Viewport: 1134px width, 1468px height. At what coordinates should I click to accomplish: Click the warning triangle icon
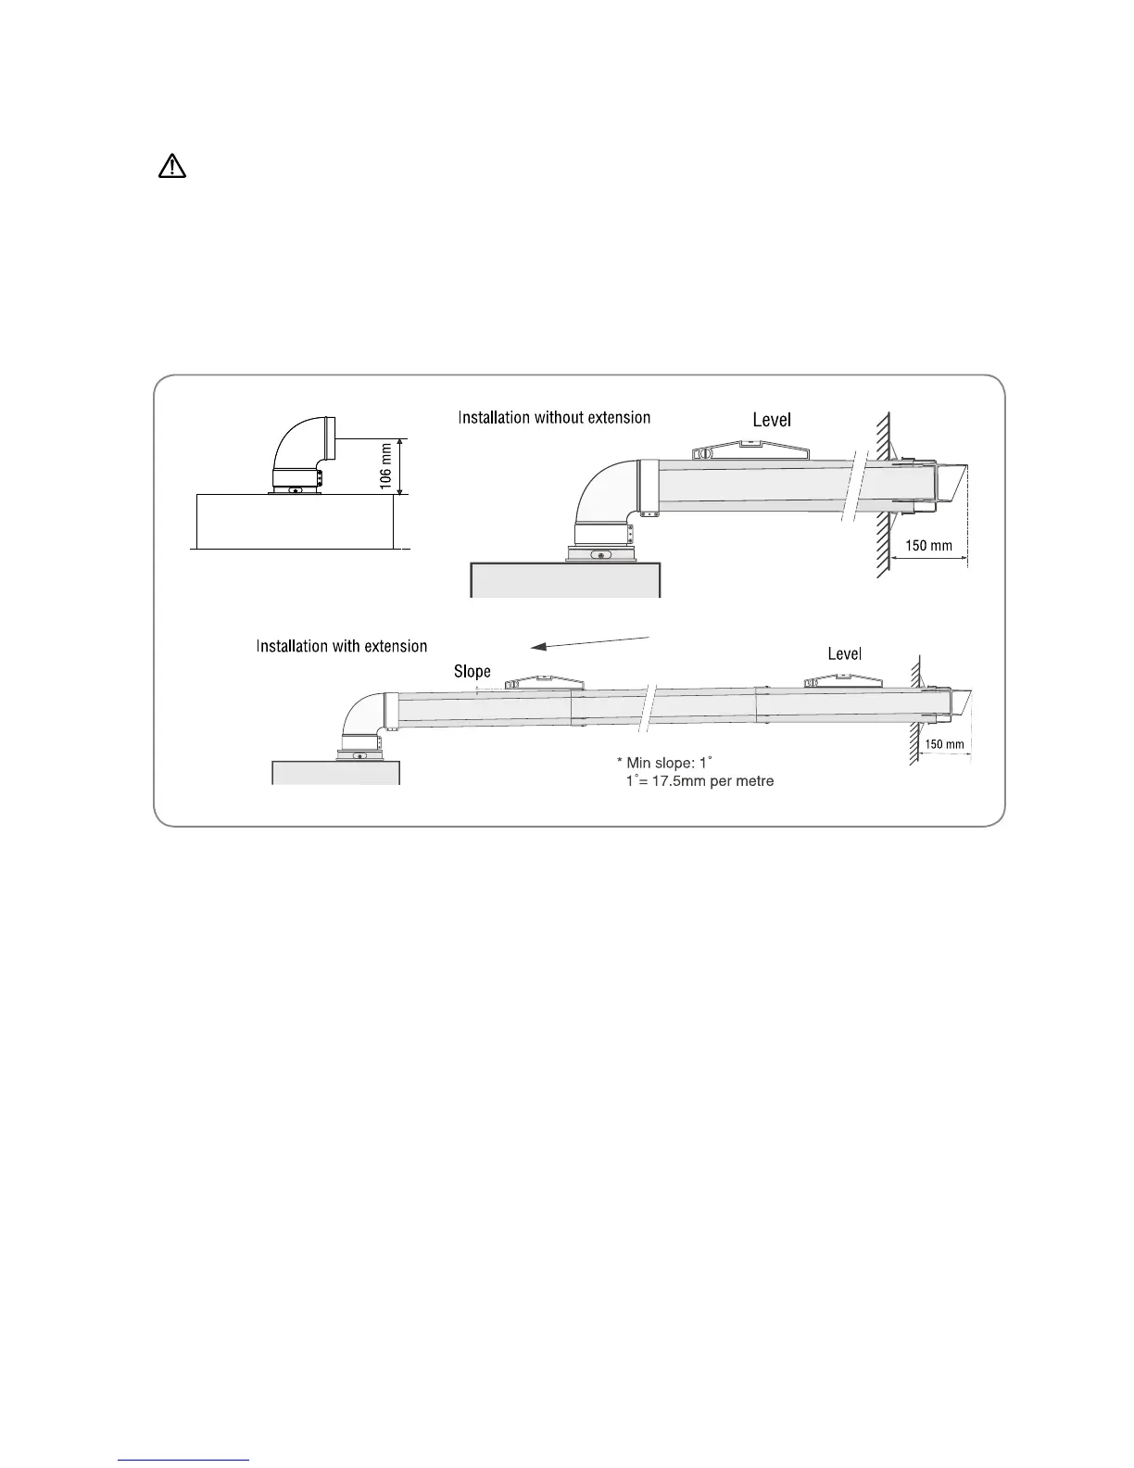pyautogui.click(x=172, y=167)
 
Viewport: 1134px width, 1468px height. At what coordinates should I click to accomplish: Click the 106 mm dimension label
pyautogui.click(x=386, y=466)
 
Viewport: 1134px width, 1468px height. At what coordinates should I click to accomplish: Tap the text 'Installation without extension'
pyautogui.click(x=554, y=418)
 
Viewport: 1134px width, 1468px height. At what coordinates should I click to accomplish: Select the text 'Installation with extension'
pyautogui.click(x=342, y=646)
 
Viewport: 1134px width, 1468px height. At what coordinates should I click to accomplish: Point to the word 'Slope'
pyautogui.click(x=472, y=671)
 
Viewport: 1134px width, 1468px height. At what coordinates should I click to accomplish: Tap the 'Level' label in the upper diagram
pyautogui.click(x=772, y=420)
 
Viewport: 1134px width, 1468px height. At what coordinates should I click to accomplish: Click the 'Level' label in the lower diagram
pyautogui.click(x=844, y=654)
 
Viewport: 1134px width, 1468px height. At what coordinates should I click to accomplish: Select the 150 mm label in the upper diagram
pyautogui.click(x=928, y=546)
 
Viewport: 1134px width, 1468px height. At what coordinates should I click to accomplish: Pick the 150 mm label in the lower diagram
pyautogui.click(x=944, y=744)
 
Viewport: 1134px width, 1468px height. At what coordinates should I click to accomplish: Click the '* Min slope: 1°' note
pyautogui.click(x=663, y=762)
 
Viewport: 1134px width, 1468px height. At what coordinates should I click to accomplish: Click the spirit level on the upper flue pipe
pyautogui.click(x=751, y=452)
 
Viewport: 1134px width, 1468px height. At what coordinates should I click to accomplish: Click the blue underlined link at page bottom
pyautogui.click(x=184, y=1461)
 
